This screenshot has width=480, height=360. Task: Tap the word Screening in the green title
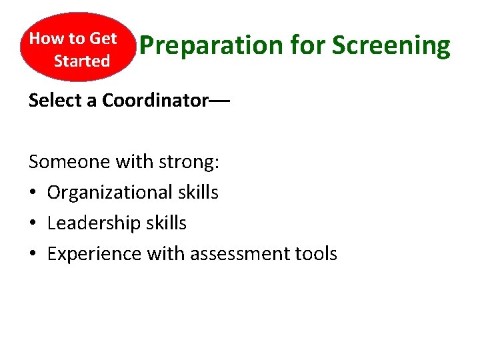tap(391, 46)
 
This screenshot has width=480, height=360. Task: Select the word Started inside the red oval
tap(82, 61)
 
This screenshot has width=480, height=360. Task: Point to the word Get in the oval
tap(103, 39)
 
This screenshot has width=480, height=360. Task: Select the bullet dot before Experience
tap(33, 255)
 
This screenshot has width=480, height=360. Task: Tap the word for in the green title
tap(309, 46)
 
